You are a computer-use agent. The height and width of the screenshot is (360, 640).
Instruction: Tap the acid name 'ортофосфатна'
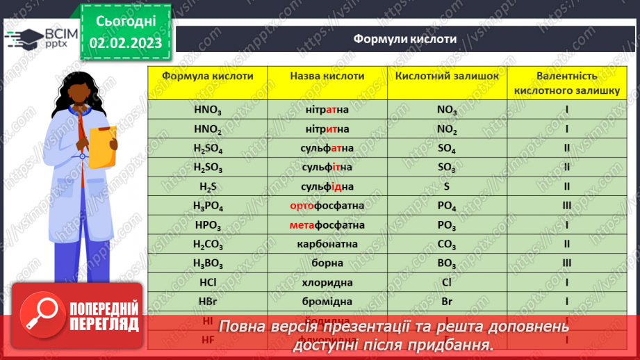327,206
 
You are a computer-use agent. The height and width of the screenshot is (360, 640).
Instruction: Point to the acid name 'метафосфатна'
327,225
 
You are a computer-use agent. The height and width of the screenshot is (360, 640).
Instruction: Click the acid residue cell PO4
447,206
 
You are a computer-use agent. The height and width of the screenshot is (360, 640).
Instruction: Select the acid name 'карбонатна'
327,244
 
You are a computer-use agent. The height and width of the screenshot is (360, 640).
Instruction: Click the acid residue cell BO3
447,263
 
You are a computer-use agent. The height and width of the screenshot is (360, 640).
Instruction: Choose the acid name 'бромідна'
327,302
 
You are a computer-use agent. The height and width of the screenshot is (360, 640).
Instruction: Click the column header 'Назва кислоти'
327,76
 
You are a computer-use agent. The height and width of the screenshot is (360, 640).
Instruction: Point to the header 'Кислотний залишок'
447,76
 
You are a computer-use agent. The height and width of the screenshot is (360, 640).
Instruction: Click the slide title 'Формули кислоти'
404,39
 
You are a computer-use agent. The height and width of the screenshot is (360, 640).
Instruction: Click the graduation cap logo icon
24,37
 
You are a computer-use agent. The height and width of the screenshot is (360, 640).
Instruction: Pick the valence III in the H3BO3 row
567,263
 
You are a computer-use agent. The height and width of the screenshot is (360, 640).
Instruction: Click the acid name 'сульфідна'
327,186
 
